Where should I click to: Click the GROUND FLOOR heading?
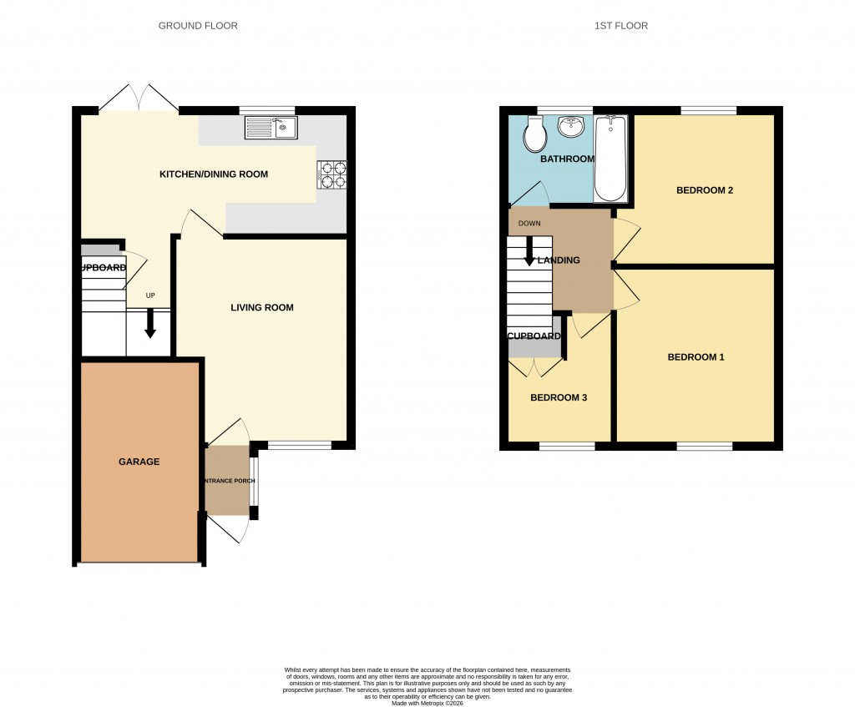pos(198,26)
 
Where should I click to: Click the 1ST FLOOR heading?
pos(620,26)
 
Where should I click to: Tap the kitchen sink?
pos(271,128)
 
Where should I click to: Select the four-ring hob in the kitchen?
pos(331,174)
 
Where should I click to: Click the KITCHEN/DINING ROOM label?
pos(214,174)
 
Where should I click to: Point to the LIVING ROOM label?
pos(262,308)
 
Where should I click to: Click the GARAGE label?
pos(139,462)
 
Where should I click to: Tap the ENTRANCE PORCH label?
pos(227,482)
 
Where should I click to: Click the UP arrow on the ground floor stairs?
pos(150,323)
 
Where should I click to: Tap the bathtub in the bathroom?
pos(610,159)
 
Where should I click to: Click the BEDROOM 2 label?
pos(704,190)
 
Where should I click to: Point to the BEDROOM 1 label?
pos(696,357)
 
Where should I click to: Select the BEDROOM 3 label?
pos(559,398)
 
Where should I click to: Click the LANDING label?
pos(559,260)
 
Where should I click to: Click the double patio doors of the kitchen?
pos(139,98)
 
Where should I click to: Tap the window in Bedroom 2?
pos(708,110)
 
